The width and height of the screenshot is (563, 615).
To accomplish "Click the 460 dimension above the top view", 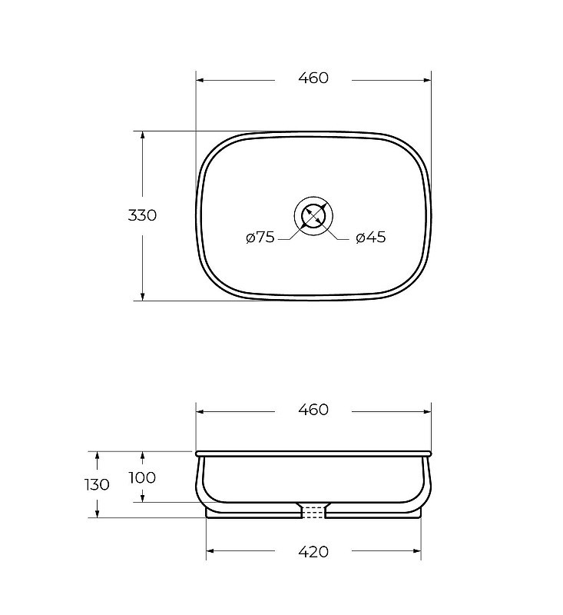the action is tap(313, 78).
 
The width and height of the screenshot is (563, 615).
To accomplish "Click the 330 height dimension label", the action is tap(142, 215).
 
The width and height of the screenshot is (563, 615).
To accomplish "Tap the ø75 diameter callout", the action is tap(260, 237).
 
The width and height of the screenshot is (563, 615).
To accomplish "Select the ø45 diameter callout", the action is tap(371, 237).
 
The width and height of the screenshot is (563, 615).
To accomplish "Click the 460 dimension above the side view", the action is tap(313, 410).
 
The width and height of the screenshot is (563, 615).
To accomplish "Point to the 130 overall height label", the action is tap(97, 485).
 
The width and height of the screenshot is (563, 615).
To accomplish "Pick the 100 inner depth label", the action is tap(142, 477).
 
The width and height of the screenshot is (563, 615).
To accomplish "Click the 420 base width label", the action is tap(313, 552).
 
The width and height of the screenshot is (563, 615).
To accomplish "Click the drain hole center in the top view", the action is tap(313, 216).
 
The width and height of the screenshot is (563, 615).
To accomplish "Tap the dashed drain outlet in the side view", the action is tap(313, 512).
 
